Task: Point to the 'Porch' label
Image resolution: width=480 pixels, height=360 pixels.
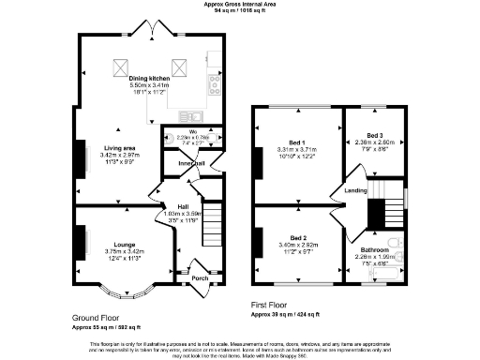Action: pyautogui.click(x=200, y=277)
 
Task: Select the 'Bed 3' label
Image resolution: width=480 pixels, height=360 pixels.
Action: pyautogui.click(x=375, y=135)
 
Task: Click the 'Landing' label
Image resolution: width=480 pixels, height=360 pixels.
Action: pyautogui.click(x=356, y=189)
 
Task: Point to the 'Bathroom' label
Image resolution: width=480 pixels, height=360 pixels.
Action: pyautogui.click(x=374, y=250)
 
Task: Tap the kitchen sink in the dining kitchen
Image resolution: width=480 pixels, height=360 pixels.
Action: pyautogui.click(x=215, y=68)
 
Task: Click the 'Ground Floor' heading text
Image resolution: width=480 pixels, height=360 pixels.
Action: pyautogui.click(x=97, y=318)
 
